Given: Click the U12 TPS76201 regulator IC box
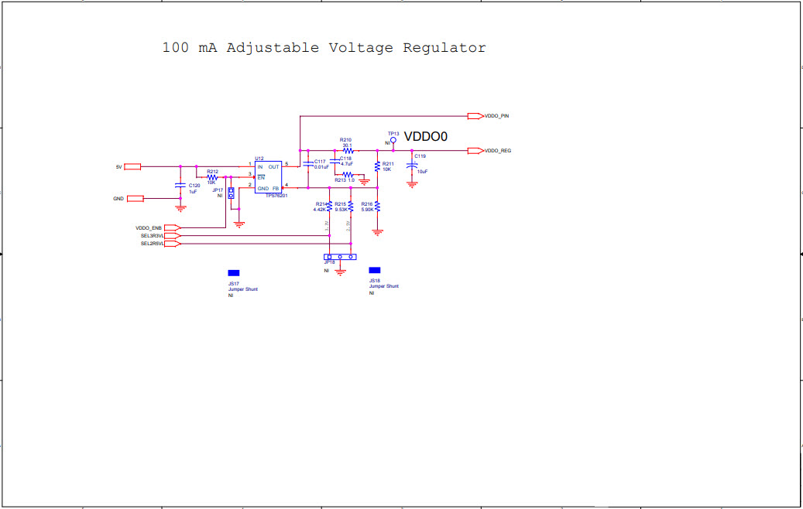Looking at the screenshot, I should pos(269,177).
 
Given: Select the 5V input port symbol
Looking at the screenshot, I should pos(132,166).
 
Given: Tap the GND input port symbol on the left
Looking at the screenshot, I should pos(136,199).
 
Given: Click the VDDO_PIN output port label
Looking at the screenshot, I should pos(496,116).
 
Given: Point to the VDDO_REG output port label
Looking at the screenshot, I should pos(497,151).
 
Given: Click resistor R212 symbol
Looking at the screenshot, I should pos(211,177).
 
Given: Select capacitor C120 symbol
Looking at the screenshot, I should pos(180,185).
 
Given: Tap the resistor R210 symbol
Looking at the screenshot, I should pos(347,151).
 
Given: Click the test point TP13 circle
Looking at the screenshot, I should pos(393,141).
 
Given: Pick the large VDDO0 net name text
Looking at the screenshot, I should pos(426,137).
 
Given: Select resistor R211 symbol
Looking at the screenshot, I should pos(377,166).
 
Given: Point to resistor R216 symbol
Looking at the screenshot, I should pos(377,207).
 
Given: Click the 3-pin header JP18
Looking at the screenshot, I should pos(340,257).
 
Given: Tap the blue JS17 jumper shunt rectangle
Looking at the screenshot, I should pos(233,273).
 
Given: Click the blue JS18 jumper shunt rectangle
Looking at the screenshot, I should pos(375,270).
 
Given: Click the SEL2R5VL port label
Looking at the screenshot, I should pos(152,244).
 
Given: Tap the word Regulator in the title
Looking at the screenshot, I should pos(444,48).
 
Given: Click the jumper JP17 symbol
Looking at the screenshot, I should pos(231,193).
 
